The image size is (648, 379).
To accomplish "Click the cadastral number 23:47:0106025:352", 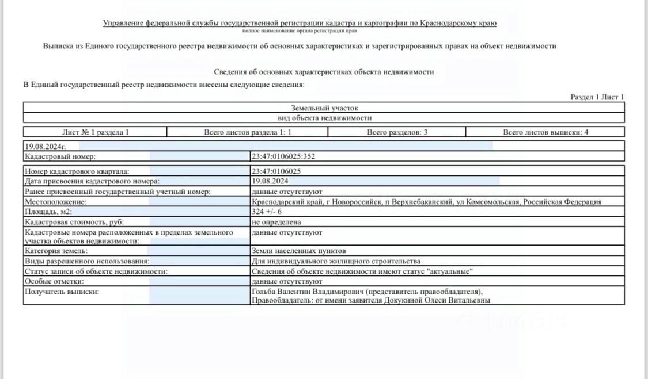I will point(283,156).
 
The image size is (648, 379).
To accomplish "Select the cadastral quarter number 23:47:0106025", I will point(276,171).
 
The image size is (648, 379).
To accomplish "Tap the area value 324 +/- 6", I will point(267,212).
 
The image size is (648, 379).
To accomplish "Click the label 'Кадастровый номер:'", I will point(59,156).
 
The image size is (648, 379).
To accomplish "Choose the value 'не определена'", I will point(276,222).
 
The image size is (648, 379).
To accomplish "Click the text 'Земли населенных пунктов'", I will point(299,251).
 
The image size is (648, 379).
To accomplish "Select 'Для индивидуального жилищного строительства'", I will point(332,261).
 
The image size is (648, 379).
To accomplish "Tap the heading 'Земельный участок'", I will point(324,108).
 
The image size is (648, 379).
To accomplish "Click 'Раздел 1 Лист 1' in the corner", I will point(597,97).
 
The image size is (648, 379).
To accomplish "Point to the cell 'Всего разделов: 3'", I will point(397,132).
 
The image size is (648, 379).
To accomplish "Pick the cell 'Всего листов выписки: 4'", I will point(545,132).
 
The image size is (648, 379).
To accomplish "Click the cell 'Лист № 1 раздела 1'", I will point(95,132).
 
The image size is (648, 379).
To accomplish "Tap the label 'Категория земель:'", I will point(56,251).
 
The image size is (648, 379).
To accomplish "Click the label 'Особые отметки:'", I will point(54,281).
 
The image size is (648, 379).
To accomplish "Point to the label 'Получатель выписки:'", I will point(62,292).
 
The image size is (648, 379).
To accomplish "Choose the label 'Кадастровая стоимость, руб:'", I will point(74,222).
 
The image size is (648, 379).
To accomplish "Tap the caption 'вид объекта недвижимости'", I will point(324,118).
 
